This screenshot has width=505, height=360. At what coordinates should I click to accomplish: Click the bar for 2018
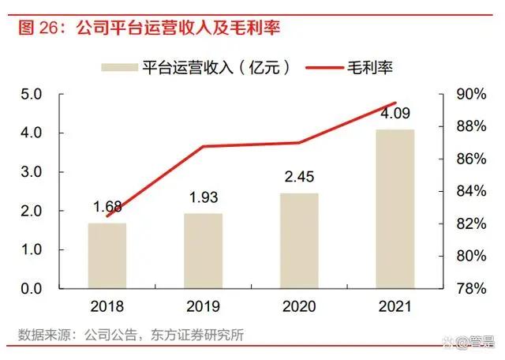pyautogui.click(x=107, y=256)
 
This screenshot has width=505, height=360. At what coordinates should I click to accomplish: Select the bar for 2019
pyautogui.click(x=204, y=251)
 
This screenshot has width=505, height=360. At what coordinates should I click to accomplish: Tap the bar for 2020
pyautogui.click(x=300, y=241)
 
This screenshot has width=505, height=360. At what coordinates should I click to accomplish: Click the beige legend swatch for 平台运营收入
pyautogui.click(x=117, y=67)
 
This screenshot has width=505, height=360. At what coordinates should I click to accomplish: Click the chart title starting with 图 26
pyautogui.click(x=150, y=28)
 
